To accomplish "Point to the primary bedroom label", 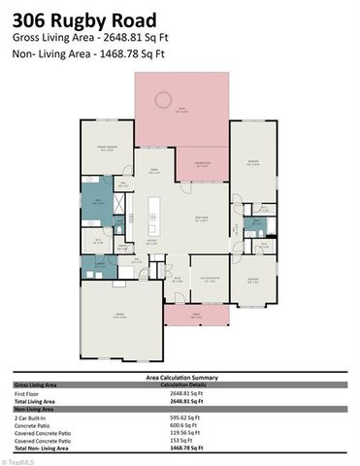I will (x=106, y=149).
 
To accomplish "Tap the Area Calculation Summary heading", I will (x=180, y=378).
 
